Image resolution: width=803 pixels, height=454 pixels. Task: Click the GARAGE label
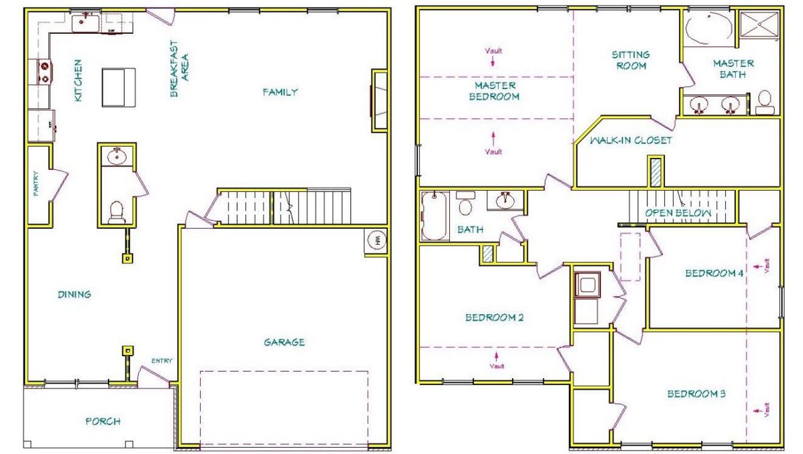click(284, 342)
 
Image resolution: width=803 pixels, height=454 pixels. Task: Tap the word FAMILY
click(280, 92)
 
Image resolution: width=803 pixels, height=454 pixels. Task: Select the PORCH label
click(103, 421)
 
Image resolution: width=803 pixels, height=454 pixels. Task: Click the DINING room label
click(75, 294)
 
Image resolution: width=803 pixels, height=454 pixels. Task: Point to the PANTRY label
click(36, 185)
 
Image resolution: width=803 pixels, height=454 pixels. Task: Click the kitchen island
click(117, 88)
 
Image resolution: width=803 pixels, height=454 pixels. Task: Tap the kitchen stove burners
click(44, 71)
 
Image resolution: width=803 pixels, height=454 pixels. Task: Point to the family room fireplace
click(378, 100)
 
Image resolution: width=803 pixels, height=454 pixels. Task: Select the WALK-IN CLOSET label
click(630, 140)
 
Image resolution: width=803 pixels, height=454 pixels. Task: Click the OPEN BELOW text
click(679, 213)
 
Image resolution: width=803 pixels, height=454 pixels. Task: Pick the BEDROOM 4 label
click(714, 273)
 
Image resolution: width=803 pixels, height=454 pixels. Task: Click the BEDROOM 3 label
click(696, 394)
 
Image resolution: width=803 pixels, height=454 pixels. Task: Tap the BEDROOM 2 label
click(494, 317)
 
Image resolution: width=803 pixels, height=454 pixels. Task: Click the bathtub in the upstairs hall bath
click(433, 216)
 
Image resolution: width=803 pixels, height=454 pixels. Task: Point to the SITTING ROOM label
click(631, 60)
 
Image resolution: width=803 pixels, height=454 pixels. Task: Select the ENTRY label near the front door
click(161, 361)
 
